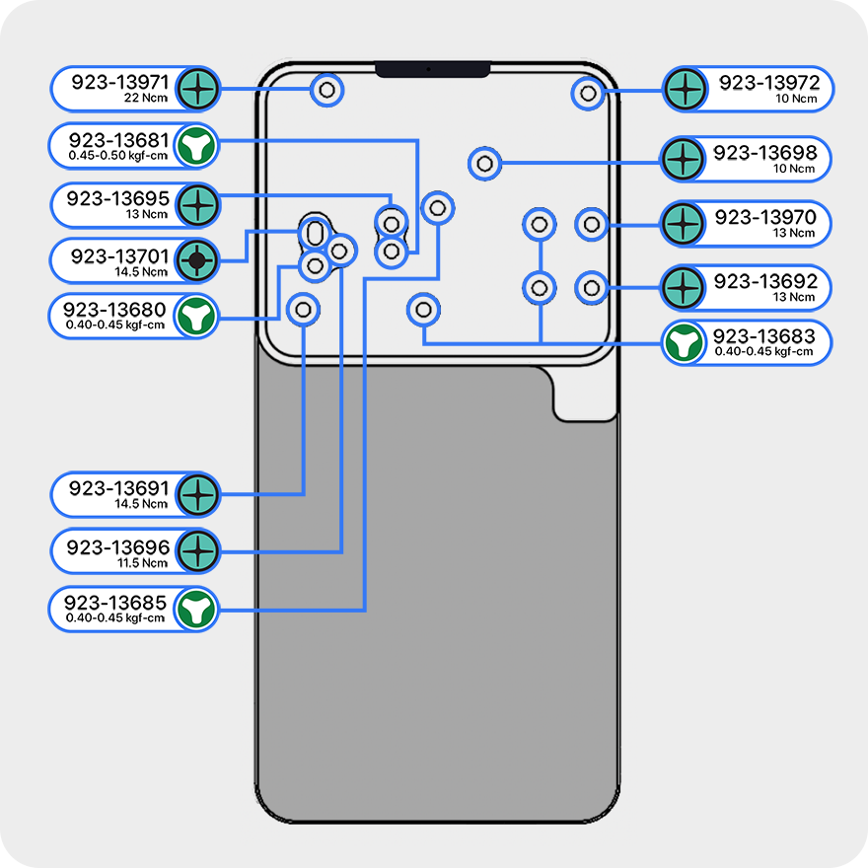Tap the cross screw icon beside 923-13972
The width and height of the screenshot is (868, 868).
click(x=683, y=90)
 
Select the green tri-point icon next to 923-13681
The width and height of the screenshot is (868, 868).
click(x=197, y=145)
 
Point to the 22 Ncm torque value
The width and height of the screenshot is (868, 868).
click(x=147, y=99)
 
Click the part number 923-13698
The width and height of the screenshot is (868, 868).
click(x=765, y=153)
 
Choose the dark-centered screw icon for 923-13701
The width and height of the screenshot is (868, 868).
click(x=197, y=260)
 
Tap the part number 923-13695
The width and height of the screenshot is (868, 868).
click(x=118, y=198)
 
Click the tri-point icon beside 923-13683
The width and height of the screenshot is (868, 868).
click(x=683, y=343)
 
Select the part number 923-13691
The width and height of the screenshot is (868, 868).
click(x=119, y=488)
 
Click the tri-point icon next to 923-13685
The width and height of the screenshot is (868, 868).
click(x=195, y=610)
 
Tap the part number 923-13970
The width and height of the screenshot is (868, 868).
click(x=765, y=218)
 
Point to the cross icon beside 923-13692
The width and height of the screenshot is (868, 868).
click(x=683, y=287)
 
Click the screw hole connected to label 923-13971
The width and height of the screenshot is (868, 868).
click(x=327, y=91)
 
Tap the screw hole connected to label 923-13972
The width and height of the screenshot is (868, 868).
click(x=588, y=93)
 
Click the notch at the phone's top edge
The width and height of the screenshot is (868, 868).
click(x=432, y=70)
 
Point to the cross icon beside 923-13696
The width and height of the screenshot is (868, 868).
click(x=197, y=551)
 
